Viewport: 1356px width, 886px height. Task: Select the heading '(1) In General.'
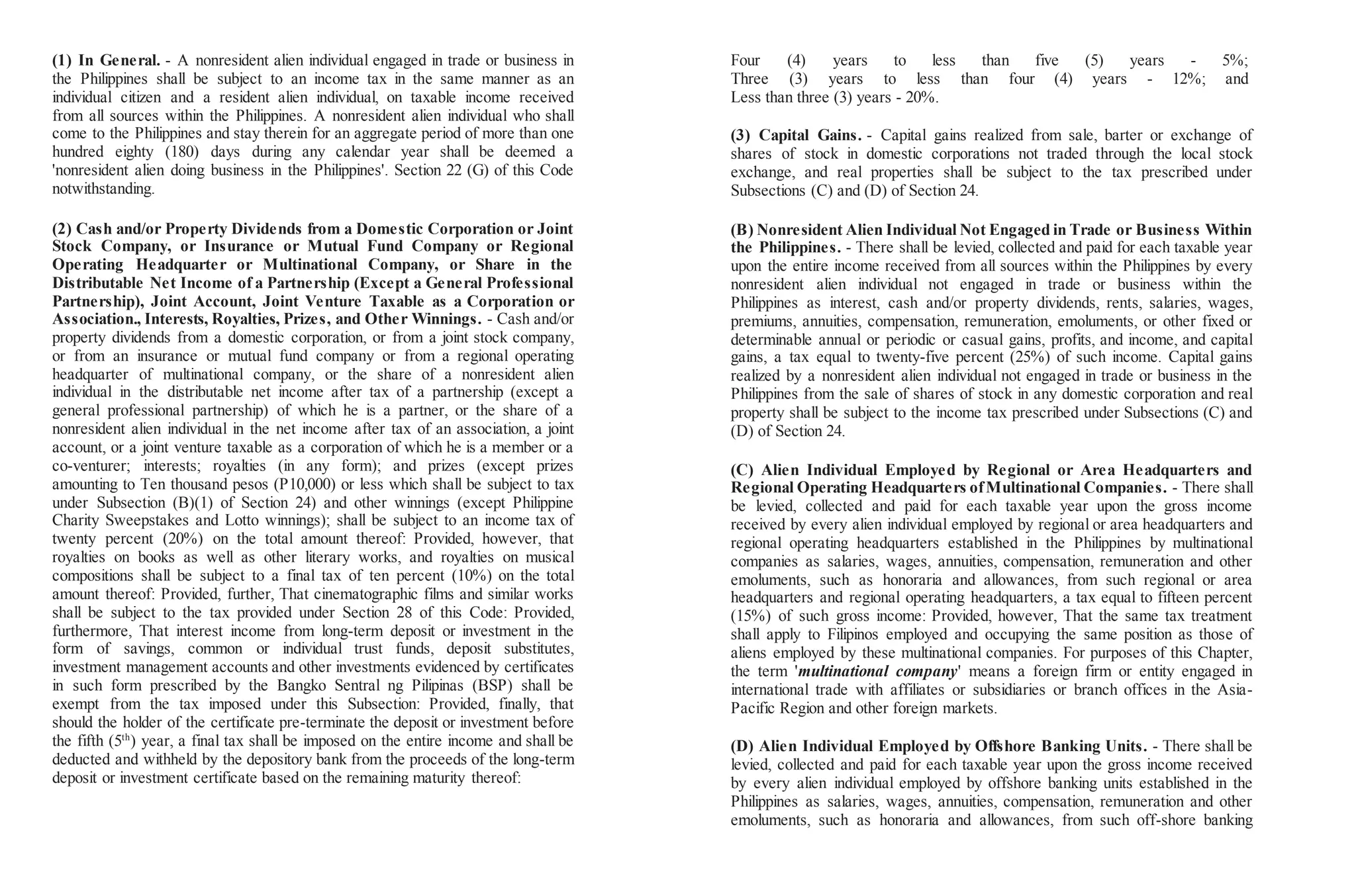(x=106, y=60)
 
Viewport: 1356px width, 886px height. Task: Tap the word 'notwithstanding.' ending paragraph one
(x=103, y=189)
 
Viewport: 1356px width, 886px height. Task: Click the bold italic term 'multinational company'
(x=878, y=672)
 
